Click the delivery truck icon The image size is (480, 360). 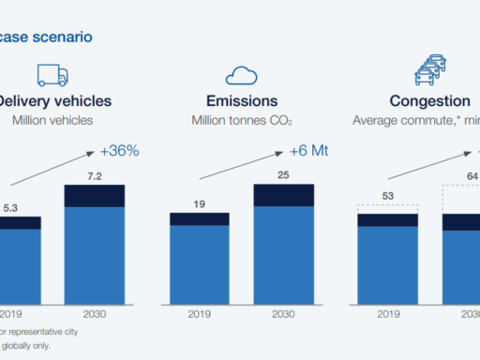pyautogui.click(x=54, y=75)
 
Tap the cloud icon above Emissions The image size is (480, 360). pyautogui.click(x=241, y=76)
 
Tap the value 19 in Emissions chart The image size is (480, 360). pyautogui.click(x=200, y=203)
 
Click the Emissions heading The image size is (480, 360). pyautogui.click(x=241, y=101)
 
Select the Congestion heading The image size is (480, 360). pyautogui.click(x=431, y=101)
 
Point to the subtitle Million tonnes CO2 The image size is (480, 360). pyautogui.click(x=241, y=120)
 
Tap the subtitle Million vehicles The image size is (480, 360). pyautogui.click(x=51, y=120)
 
